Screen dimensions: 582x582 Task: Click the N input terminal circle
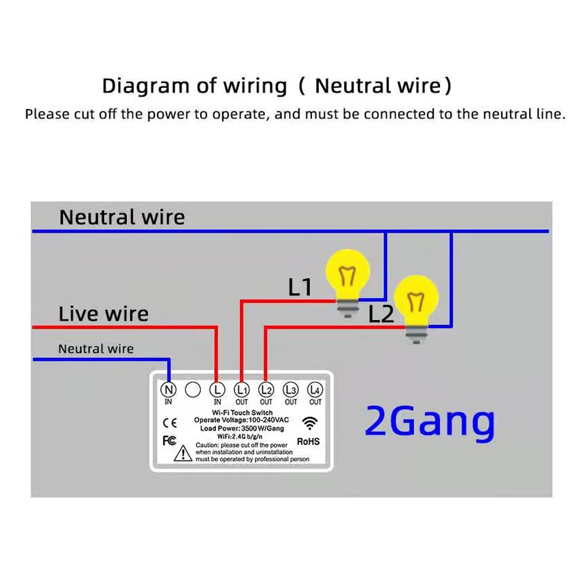tap(169, 389)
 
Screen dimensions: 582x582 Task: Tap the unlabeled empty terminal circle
tap(193, 389)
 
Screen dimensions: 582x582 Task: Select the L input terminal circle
tap(217, 389)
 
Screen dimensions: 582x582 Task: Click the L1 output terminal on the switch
tap(242, 389)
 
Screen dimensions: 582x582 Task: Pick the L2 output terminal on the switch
tap(266, 389)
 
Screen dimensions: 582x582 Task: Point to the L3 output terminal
tap(290, 389)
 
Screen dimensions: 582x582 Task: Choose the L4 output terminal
tap(315, 389)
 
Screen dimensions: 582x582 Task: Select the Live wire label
tap(104, 314)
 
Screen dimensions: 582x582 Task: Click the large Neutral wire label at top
tap(122, 217)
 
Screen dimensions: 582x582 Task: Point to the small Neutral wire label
tap(95, 349)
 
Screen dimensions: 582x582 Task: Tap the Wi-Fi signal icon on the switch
tap(310, 423)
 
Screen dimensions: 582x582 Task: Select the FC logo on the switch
tap(169, 441)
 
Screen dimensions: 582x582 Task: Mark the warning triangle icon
tap(185, 452)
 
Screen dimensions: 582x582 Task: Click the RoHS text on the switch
tap(308, 442)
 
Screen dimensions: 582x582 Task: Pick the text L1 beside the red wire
tap(300, 287)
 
